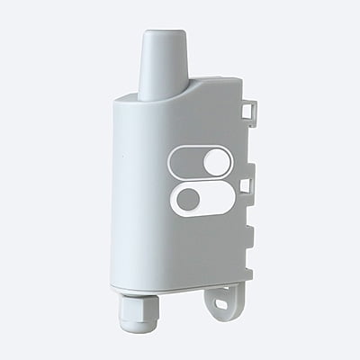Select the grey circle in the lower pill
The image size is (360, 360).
point(188,199)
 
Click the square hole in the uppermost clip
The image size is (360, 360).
point(249,109)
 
